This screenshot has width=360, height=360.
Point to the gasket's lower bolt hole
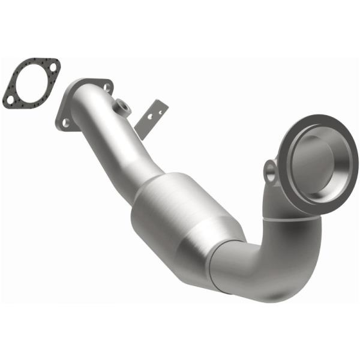tap(8, 101)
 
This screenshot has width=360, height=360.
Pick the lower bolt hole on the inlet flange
tap(67, 122)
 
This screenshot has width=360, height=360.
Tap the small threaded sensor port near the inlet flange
tap(123, 106)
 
